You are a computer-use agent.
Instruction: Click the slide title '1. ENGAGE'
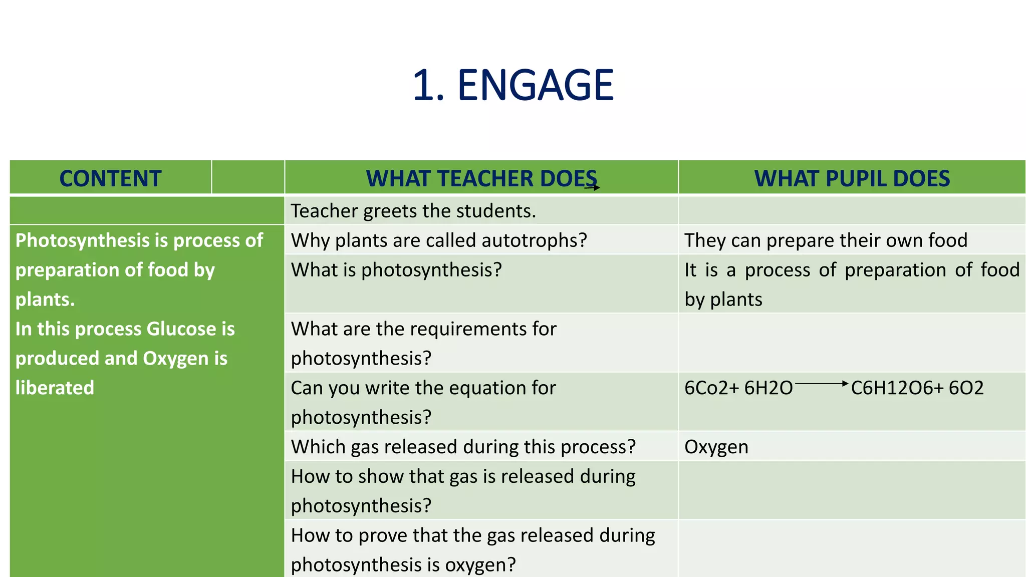click(x=513, y=85)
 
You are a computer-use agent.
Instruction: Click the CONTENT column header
click(x=110, y=179)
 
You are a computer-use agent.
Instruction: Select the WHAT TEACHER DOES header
click(x=481, y=179)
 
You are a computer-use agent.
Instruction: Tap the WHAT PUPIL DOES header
click(x=852, y=179)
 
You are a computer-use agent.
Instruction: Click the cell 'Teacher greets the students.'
click(x=413, y=211)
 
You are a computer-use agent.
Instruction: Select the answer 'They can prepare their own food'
click(x=826, y=240)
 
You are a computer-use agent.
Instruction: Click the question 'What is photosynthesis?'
click(x=396, y=270)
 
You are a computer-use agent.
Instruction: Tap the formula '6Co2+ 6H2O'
click(x=738, y=388)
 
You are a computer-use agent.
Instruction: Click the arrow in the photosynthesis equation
click(x=822, y=384)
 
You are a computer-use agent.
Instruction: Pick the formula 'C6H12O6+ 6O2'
click(x=917, y=388)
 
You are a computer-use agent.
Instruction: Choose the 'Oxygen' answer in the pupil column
click(x=716, y=447)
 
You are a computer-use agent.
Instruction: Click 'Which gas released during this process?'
click(x=463, y=447)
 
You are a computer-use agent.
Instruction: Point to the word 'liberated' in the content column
click(x=55, y=388)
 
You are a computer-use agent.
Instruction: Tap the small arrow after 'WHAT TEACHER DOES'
click(x=593, y=188)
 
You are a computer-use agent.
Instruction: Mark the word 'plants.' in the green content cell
click(x=45, y=300)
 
